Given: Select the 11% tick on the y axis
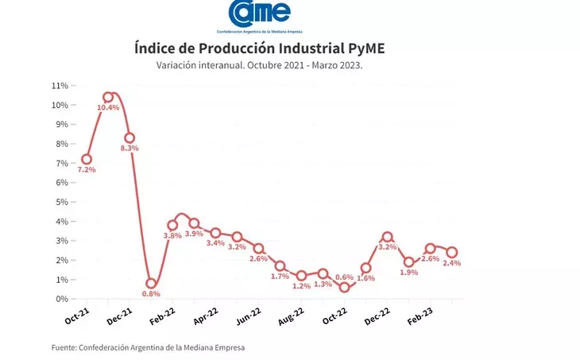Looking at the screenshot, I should [x=59, y=85].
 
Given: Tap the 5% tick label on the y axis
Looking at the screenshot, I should [x=60, y=202].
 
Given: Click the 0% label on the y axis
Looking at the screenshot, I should [x=60, y=299].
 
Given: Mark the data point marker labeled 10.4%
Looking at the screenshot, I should [x=108, y=98].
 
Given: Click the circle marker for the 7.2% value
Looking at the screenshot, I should [x=87, y=159].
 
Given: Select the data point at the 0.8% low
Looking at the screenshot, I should [x=151, y=283].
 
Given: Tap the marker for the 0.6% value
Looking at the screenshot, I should [x=344, y=287].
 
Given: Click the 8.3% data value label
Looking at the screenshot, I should [x=130, y=149].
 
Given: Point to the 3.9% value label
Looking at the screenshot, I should [x=194, y=234].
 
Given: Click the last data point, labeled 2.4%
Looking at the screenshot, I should [x=451, y=252].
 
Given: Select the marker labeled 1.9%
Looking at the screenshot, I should [x=408, y=261].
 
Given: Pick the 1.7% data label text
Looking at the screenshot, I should [x=280, y=277].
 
